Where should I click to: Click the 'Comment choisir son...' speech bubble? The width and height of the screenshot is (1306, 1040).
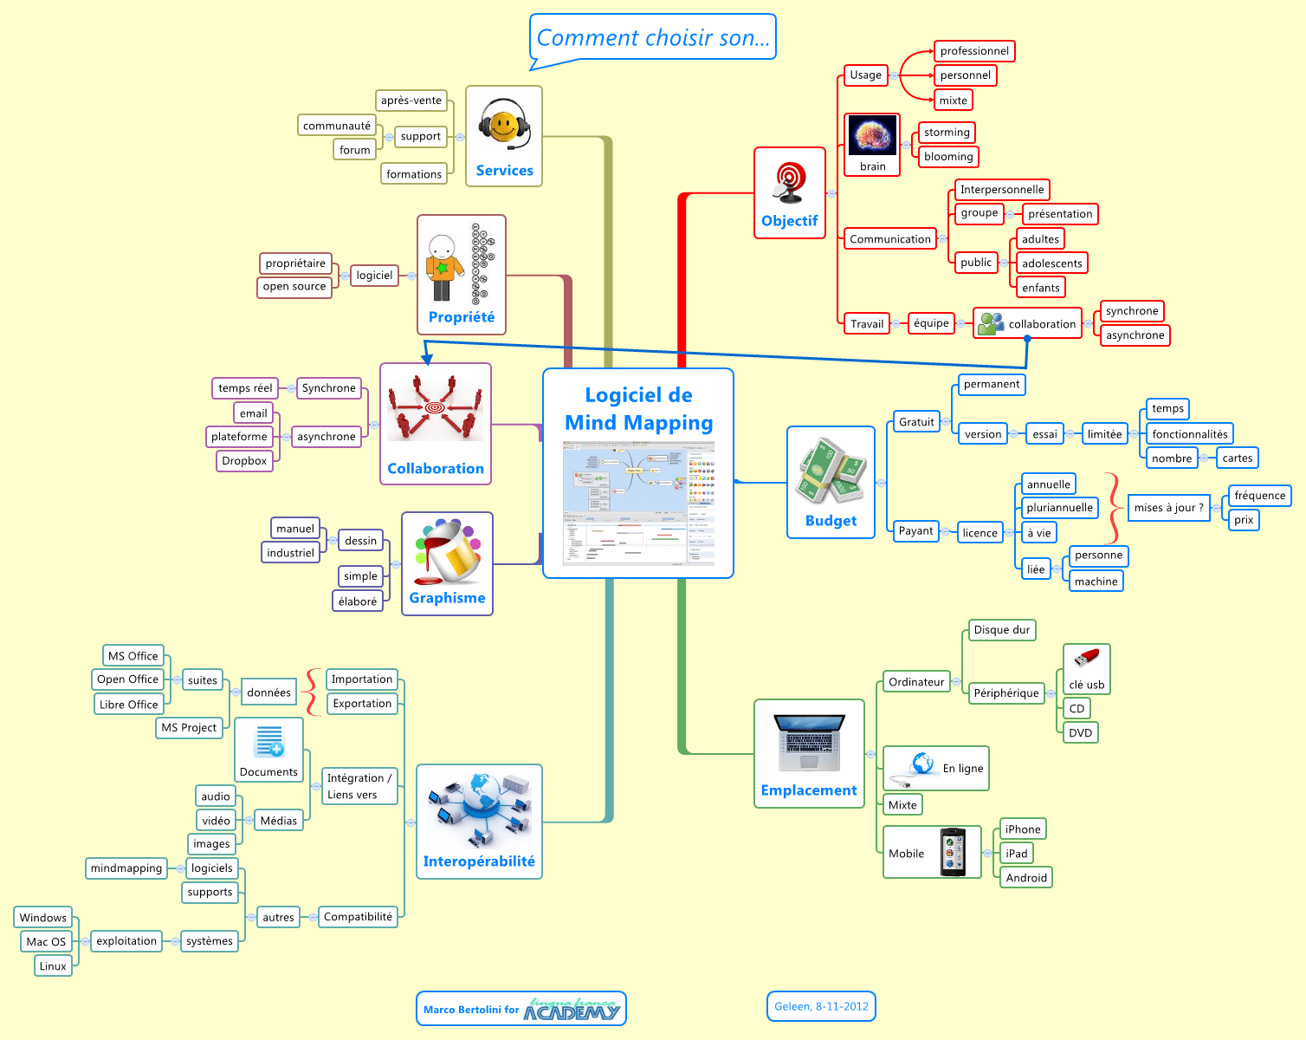pyautogui.click(x=652, y=37)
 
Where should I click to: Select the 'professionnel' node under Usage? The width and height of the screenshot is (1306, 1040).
pyautogui.click(x=974, y=51)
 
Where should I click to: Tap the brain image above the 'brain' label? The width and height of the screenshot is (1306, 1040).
pyautogui.click(x=872, y=136)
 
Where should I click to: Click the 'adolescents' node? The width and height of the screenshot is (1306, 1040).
pyautogui.click(x=1051, y=263)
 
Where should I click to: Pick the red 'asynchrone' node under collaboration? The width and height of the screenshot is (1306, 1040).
pyautogui.click(x=1135, y=335)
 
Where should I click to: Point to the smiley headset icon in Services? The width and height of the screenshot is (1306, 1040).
pyautogui.click(x=504, y=126)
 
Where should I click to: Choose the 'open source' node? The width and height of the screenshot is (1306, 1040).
pyautogui.click(x=294, y=287)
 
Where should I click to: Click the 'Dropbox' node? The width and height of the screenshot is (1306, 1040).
pyautogui.click(x=244, y=461)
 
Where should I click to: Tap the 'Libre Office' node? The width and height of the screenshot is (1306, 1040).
pyautogui.click(x=128, y=705)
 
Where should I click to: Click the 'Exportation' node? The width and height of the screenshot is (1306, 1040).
pyautogui.click(x=362, y=704)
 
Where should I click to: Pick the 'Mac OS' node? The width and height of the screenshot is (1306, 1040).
pyautogui.click(x=46, y=942)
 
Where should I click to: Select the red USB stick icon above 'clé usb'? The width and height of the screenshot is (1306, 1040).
pyautogui.click(x=1086, y=660)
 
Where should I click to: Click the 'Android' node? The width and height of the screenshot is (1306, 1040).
pyautogui.click(x=1026, y=878)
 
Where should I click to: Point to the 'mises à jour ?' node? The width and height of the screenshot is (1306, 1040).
pyautogui.click(x=1168, y=508)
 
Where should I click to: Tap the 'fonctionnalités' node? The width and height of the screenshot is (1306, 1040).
pyautogui.click(x=1189, y=434)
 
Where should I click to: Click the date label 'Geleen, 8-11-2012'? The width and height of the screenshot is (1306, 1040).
pyautogui.click(x=821, y=1006)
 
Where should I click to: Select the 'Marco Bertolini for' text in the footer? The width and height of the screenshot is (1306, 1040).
pyautogui.click(x=471, y=1010)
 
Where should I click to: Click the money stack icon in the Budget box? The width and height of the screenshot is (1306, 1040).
pyautogui.click(x=831, y=472)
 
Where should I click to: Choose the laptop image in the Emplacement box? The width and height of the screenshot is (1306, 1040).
pyautogui.click(x=809, y=743)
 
